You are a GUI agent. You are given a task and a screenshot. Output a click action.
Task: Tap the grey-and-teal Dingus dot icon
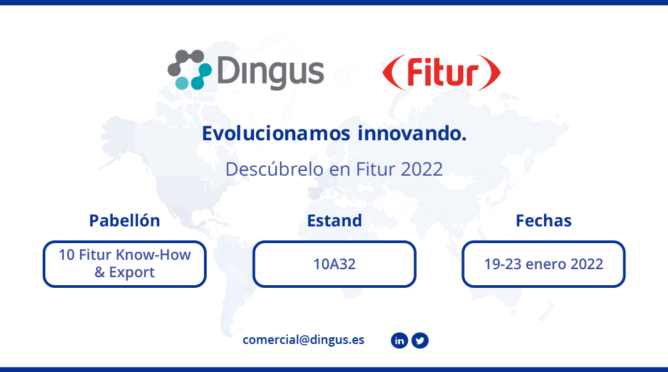pyautogui.click(x=189, y=69)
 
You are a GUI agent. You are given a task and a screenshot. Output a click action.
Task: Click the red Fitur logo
pyautogui.click(x=441, y=72)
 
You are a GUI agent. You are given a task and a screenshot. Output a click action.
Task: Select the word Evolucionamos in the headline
pyautogui.click(x=276, y=134)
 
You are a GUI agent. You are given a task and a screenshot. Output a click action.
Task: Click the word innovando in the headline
pyautogui.click(x=412, y=134)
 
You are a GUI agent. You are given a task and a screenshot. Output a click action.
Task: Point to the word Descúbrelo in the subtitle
pyautogui.click(x=275, y=170)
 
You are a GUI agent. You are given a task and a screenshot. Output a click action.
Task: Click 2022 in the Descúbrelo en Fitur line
pyautogui.click(x=421, y=170)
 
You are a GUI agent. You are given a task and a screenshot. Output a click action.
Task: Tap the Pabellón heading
pyautogui.click(x=125, y=220)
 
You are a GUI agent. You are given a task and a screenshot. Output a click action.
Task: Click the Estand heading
pyautogui.click(x=335, y=220)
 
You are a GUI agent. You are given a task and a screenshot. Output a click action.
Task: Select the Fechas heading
pyautogui.click(x=543, y=220)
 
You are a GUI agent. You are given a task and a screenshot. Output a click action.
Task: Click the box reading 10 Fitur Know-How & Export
pyautogui.click(x=125, y=264)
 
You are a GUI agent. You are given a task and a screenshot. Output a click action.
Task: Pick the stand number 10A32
pyautogui.click(x=335, y=264)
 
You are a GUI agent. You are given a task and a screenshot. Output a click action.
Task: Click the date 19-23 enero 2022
pyautogui.click(x=543, y=264)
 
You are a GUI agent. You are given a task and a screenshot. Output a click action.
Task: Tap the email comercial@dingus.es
pyautogui.click(x=303, y=339)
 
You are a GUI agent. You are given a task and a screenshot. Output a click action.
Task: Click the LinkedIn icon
pyautogui.click(x=399, y=341)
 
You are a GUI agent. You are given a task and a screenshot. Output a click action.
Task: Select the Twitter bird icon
pyautogui.click(x=420, y=341)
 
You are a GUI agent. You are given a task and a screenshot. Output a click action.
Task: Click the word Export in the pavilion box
pyautogui.click(x=131, y=272)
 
